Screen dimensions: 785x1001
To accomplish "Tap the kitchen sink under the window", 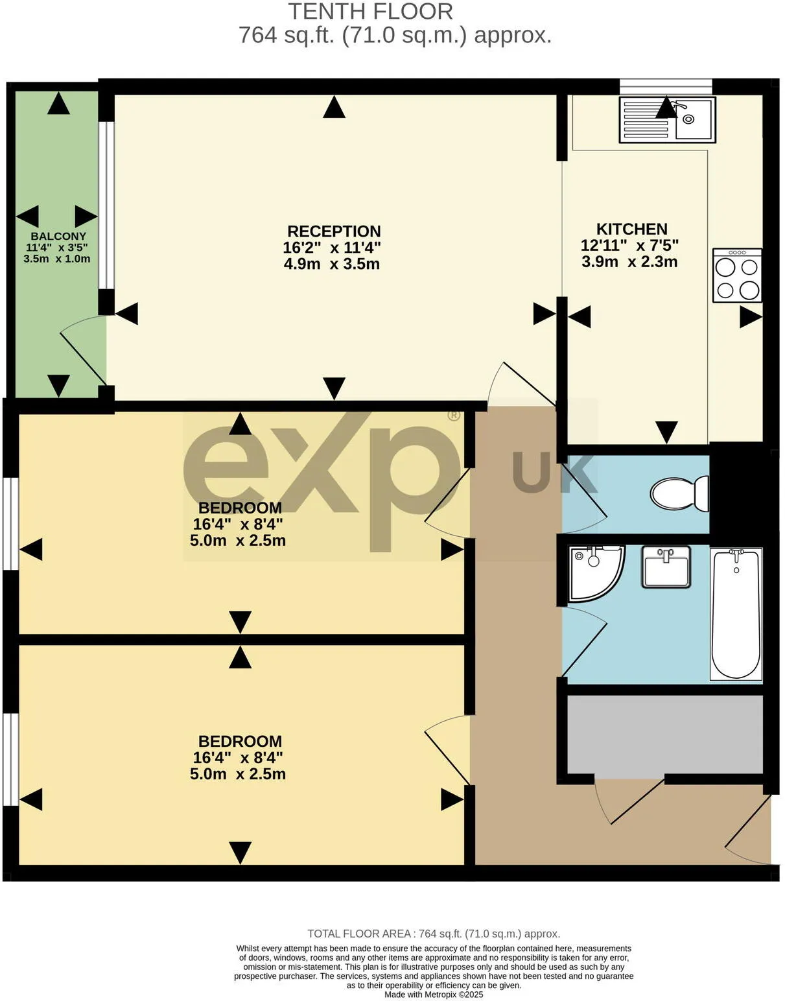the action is (x=667, y=119).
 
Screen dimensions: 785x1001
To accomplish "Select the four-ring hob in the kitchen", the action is (x=737, y=276).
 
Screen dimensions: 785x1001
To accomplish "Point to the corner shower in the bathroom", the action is (x=596, y=574).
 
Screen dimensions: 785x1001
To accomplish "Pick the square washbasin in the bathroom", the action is (x=666, y=567).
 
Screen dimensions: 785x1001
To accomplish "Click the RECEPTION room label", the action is (x=334, y=231).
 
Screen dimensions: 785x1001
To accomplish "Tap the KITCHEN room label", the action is (x=631, y=229).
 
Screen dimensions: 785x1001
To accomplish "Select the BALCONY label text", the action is (x=58, y=237).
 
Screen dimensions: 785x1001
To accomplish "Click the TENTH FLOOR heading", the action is (x=371, y=12).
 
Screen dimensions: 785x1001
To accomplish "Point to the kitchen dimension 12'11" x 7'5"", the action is (x=629, y=246).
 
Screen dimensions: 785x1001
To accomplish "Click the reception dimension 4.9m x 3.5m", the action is (x=331, y=264).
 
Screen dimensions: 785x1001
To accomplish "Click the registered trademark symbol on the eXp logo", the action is (x=454, y=415).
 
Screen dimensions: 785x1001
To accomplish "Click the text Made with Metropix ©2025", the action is (x=434, y=995).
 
